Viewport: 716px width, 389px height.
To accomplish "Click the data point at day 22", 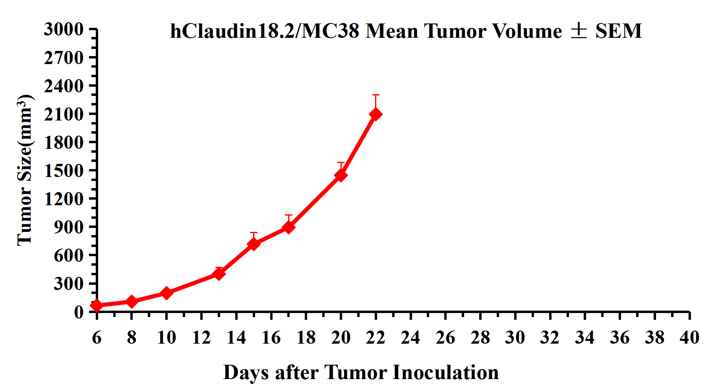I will pos(375,115).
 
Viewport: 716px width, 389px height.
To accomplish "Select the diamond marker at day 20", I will pos(341,175).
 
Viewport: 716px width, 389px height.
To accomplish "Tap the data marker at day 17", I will pos(288,227).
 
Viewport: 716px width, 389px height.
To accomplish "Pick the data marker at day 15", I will pos(254,244).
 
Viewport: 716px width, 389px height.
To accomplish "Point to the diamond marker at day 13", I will pos(219,274).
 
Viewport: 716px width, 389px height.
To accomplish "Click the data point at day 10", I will pos(166,293).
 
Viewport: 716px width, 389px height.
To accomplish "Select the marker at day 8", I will pos(132,301).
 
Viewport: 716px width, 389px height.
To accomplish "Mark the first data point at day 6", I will pos(97,305).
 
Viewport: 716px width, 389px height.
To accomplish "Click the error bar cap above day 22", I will pos(375,95).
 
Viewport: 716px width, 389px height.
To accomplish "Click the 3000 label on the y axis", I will pos(64,29).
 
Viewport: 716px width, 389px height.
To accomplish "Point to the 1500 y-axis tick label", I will pos(64,171).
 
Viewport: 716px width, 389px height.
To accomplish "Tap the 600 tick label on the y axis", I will pos(69,255).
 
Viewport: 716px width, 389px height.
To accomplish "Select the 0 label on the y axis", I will pos(79,312).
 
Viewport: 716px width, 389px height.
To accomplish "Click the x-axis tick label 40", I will pos(689,338).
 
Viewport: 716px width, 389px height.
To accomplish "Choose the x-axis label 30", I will pos(515,338).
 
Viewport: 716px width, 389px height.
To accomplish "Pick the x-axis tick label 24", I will pos(410,338).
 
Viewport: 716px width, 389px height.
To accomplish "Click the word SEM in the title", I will pos(619,31).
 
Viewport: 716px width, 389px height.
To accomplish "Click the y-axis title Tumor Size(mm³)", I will pos(25,170).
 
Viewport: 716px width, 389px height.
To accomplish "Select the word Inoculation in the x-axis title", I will pos(446,373).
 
